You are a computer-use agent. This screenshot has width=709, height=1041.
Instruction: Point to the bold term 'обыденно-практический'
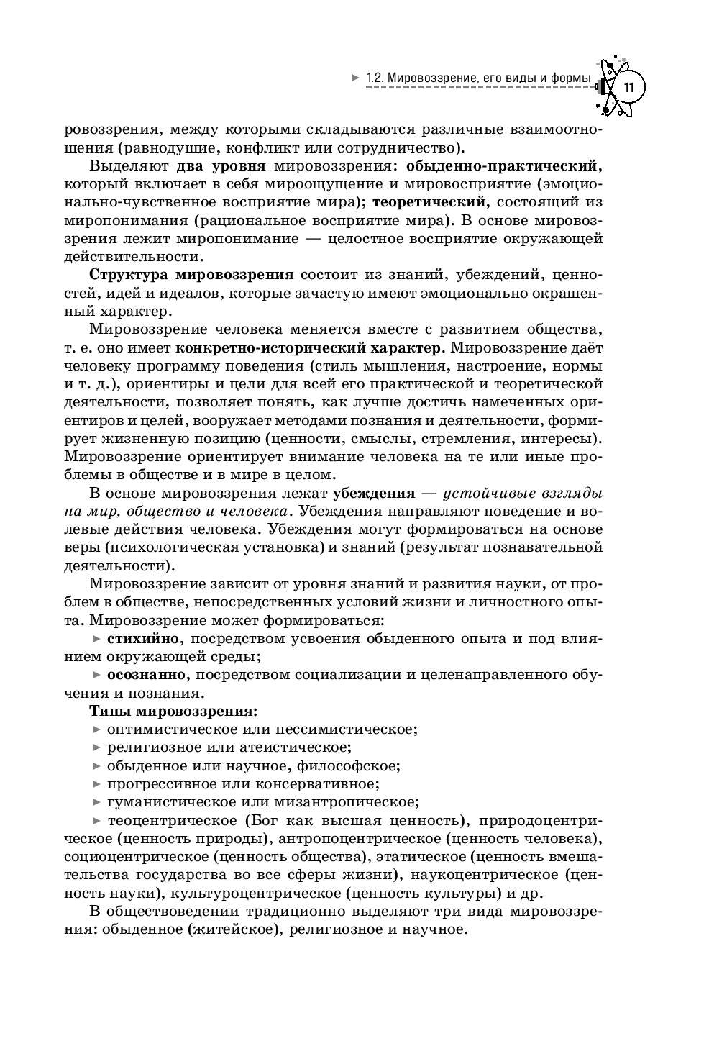point(502,166)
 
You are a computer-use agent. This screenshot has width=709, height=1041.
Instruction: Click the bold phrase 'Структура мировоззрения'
point(191,274)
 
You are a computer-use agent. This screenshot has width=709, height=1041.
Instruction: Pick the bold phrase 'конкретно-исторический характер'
point(308,348)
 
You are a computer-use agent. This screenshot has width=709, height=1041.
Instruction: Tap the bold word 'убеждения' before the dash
point(374,494)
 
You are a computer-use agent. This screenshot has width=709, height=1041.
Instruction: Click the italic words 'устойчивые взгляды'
point(523,494)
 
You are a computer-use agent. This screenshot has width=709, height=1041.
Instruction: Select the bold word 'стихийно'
point(143,638)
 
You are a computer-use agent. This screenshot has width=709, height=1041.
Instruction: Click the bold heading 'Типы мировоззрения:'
point(173,712)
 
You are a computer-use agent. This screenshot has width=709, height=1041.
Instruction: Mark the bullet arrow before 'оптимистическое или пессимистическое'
point(97,729)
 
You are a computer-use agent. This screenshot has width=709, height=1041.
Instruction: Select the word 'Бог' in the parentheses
point(265,820)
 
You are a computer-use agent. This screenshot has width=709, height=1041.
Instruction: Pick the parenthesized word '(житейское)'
point(237,929)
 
